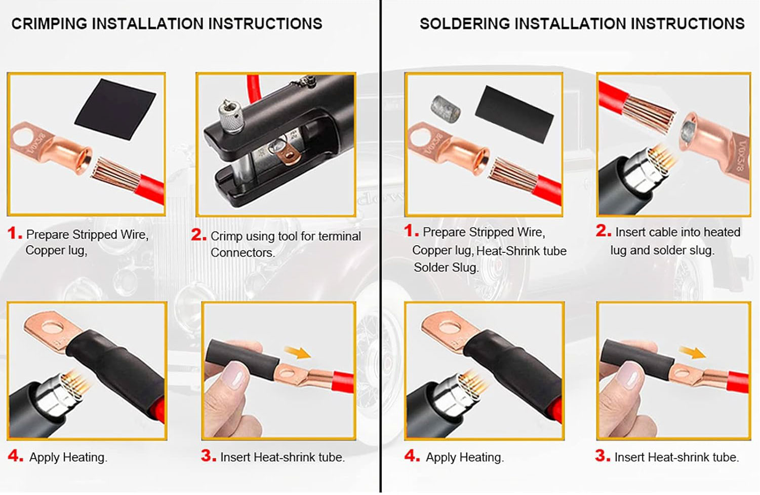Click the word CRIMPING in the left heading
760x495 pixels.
[x=49, y=24]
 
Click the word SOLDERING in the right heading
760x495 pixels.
[x=465, y=24]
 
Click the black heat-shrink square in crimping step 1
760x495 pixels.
[x=115, y=109]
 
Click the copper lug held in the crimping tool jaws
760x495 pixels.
[x=288, y=155]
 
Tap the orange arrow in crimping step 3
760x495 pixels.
[x=297, y=352]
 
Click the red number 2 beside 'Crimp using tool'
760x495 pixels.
[x=198, y=235]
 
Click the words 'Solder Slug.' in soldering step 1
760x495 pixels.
[x=446, y=268]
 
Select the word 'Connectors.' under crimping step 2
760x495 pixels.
[x=243, y=253]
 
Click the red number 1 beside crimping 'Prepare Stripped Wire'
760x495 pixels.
[x=15, y=233]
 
